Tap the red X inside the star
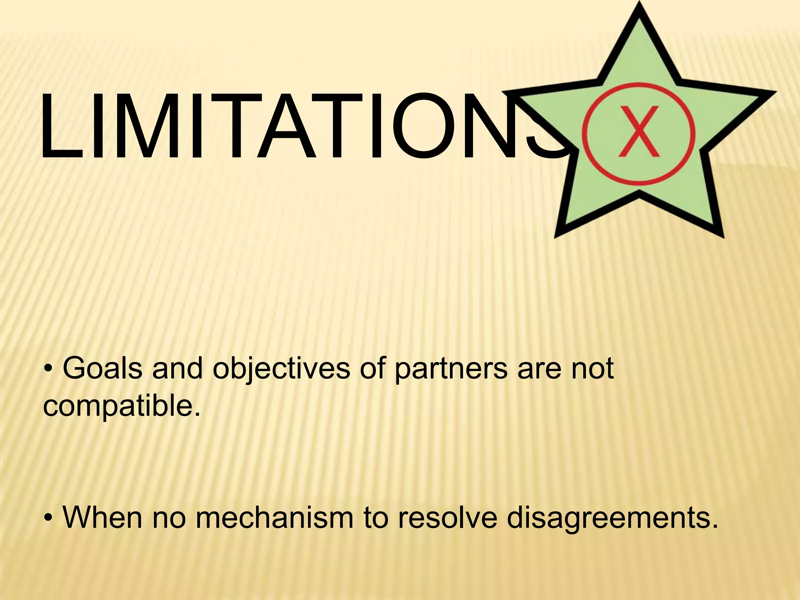point(639,132)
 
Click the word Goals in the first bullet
point(102,368)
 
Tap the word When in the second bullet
point(102,517)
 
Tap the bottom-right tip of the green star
point(721,234)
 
